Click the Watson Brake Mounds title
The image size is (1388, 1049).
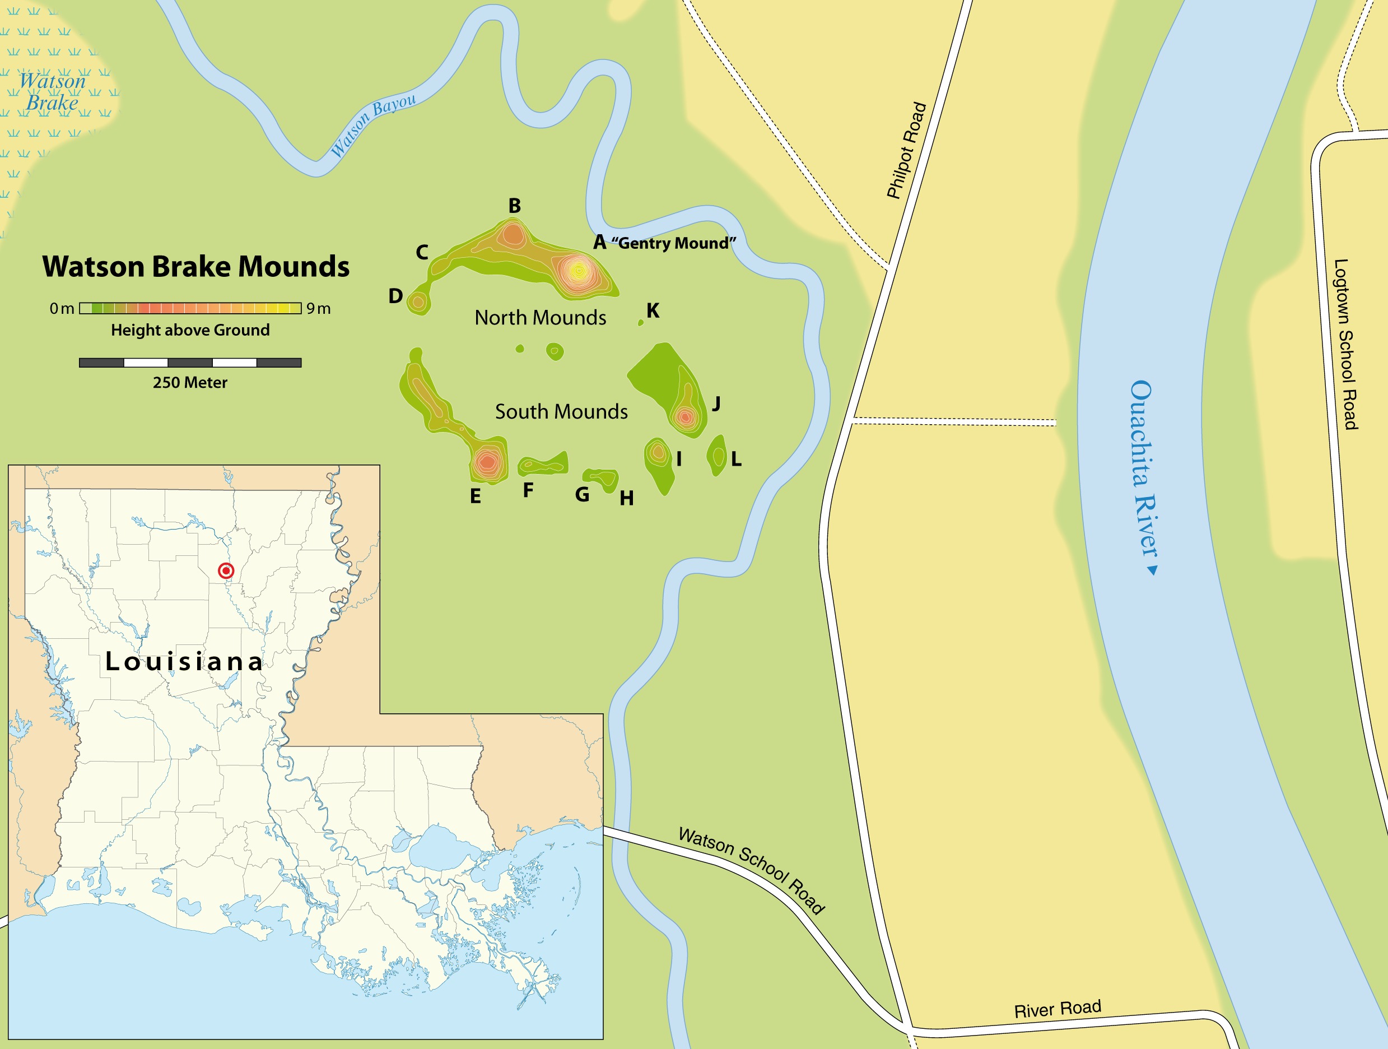point(196,267)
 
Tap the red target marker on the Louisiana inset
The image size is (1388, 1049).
point(226,570)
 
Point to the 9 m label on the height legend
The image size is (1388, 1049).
point(318,308)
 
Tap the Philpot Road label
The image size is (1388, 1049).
point(907,151)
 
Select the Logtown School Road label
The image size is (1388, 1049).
point(1345,344)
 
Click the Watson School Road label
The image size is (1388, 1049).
point(752,870)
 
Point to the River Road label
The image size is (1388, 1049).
point(1058,1009)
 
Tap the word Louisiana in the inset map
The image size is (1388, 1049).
point(184,661)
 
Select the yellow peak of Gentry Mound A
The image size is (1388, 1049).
point(579,271)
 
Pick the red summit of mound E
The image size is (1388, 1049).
point(487,463)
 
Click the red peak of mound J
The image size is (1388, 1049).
point(685,416)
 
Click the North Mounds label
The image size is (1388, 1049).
point(541,318)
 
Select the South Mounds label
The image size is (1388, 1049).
point(561,412)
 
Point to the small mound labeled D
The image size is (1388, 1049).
point(418,302)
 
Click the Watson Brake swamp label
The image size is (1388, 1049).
point(53,92)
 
